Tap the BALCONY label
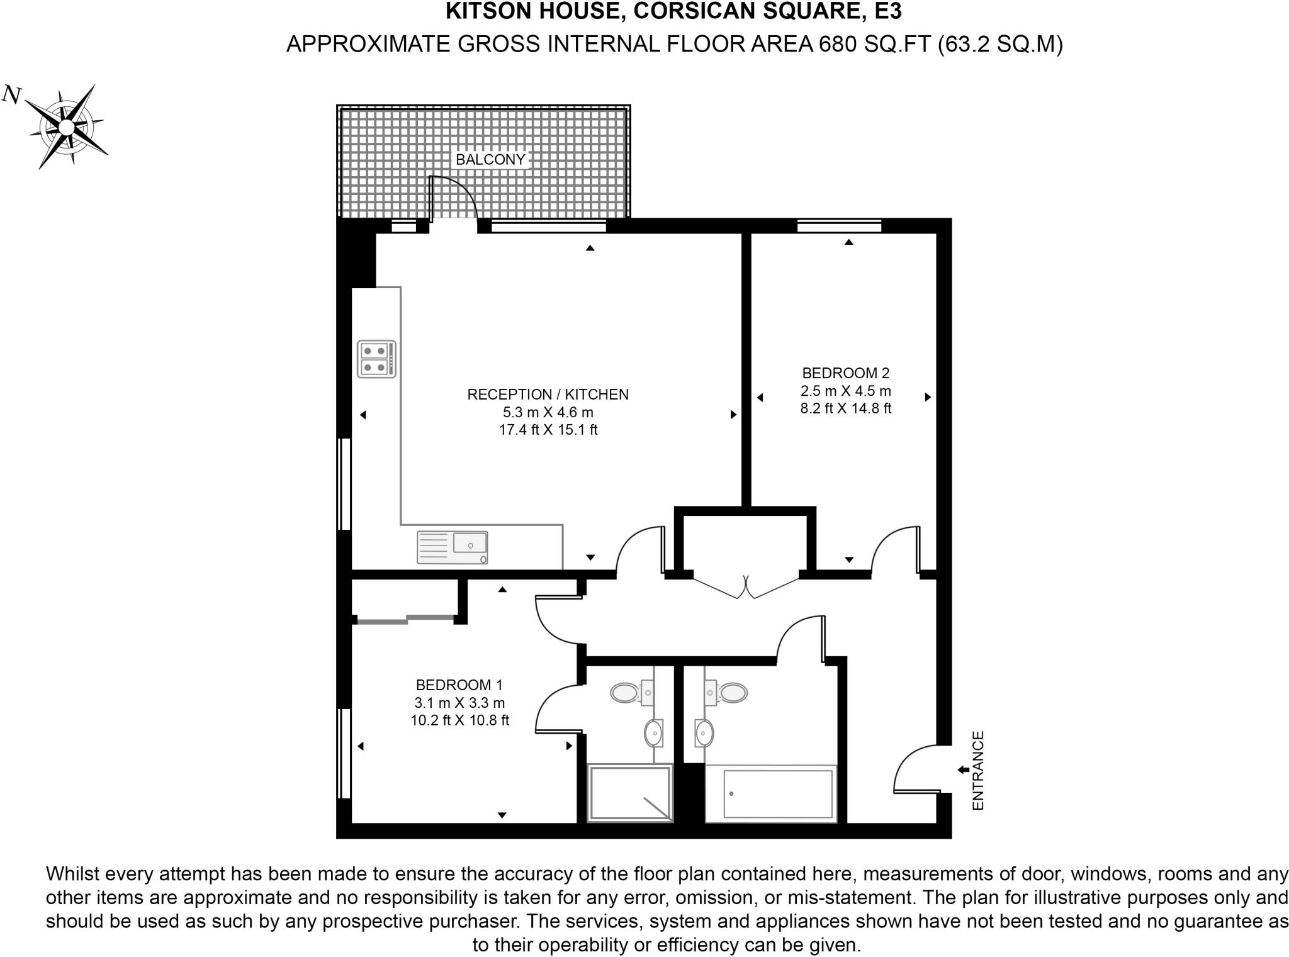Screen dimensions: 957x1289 coord(490,159)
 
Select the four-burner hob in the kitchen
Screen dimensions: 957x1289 coord(376,359)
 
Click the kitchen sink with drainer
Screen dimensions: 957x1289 coord(452,547)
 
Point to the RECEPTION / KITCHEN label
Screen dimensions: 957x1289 coord(548,395)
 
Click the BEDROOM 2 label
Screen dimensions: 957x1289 coord(845,373)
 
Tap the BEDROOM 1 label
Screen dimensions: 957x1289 coord(459,685)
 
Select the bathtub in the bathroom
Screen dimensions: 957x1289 coord(778,794)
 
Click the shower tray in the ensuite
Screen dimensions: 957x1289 coord(630,793)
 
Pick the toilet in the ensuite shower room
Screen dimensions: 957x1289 coord(626,693)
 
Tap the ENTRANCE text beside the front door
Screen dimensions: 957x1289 coord(977,770)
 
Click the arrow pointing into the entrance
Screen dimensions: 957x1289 coord(962,770)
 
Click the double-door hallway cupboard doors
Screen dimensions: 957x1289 coord(746,588)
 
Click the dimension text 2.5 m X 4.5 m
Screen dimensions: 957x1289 coord(845,391)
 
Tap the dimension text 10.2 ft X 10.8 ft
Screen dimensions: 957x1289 coord(459,720)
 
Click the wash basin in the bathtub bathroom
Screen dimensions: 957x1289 coord(704,732)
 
